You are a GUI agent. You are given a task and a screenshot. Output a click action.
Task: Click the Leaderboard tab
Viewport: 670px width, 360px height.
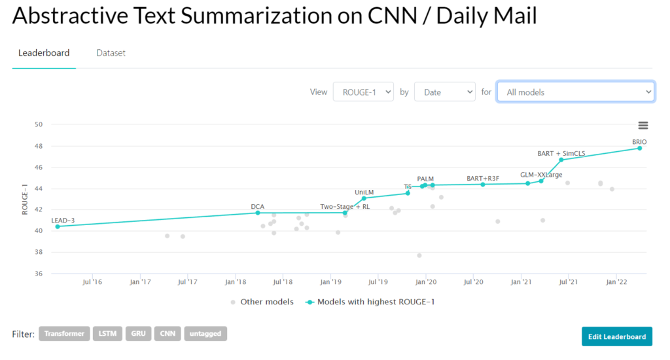(x=44, y=53)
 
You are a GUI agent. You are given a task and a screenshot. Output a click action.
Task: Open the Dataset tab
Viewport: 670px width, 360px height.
(x=111, y=53)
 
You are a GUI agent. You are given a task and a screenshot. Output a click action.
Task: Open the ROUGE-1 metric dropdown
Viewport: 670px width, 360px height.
(x=363, y=92)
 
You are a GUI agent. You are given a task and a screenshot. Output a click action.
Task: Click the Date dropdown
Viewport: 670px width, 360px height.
(x=445, y=92)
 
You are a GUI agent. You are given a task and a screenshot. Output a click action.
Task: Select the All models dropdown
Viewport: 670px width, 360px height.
(x=575, y=92)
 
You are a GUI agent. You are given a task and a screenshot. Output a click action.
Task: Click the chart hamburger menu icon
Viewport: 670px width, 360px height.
(x=643, y=126)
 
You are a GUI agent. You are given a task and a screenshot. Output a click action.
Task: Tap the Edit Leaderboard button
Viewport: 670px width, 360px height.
(x=616, y=336)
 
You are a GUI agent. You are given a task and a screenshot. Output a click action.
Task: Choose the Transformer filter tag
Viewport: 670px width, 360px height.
(x=64, y=334)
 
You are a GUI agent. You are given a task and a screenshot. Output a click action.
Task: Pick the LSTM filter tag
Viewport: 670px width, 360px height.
(x=107, y=334)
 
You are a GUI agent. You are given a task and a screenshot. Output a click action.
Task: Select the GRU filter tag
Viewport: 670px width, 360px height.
(x=138, y=334)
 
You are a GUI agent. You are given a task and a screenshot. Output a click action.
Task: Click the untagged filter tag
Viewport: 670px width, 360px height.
(x=205, y=334)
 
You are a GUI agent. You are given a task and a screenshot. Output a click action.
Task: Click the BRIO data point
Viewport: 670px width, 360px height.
(x=639, y=148)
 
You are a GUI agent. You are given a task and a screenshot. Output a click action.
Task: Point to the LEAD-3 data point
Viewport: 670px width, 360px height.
(x=58, y=226)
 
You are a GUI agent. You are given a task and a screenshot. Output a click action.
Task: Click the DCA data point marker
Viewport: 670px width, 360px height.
(x=258, y=213)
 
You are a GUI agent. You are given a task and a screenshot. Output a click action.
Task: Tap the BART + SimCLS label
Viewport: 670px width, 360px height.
(x=561, y=154)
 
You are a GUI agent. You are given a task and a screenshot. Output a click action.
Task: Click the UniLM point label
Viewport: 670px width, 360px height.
(x=364, y=192)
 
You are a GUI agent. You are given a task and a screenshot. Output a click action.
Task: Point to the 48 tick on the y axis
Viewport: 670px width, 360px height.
(x=39, y=146)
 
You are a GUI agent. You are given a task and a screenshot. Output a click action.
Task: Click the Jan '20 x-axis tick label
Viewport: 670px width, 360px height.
(x=426, y=282)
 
